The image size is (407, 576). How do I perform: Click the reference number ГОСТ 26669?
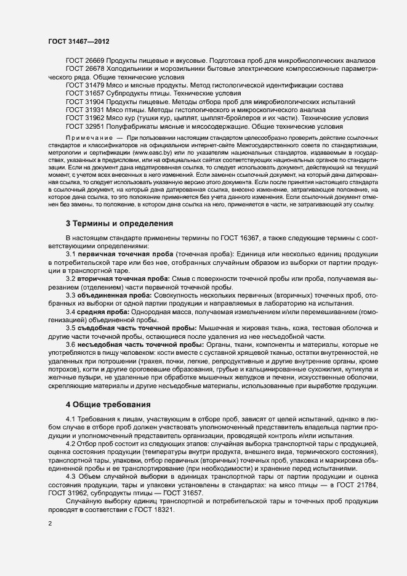[86, 60]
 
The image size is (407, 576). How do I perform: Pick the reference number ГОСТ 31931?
[86, 109]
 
